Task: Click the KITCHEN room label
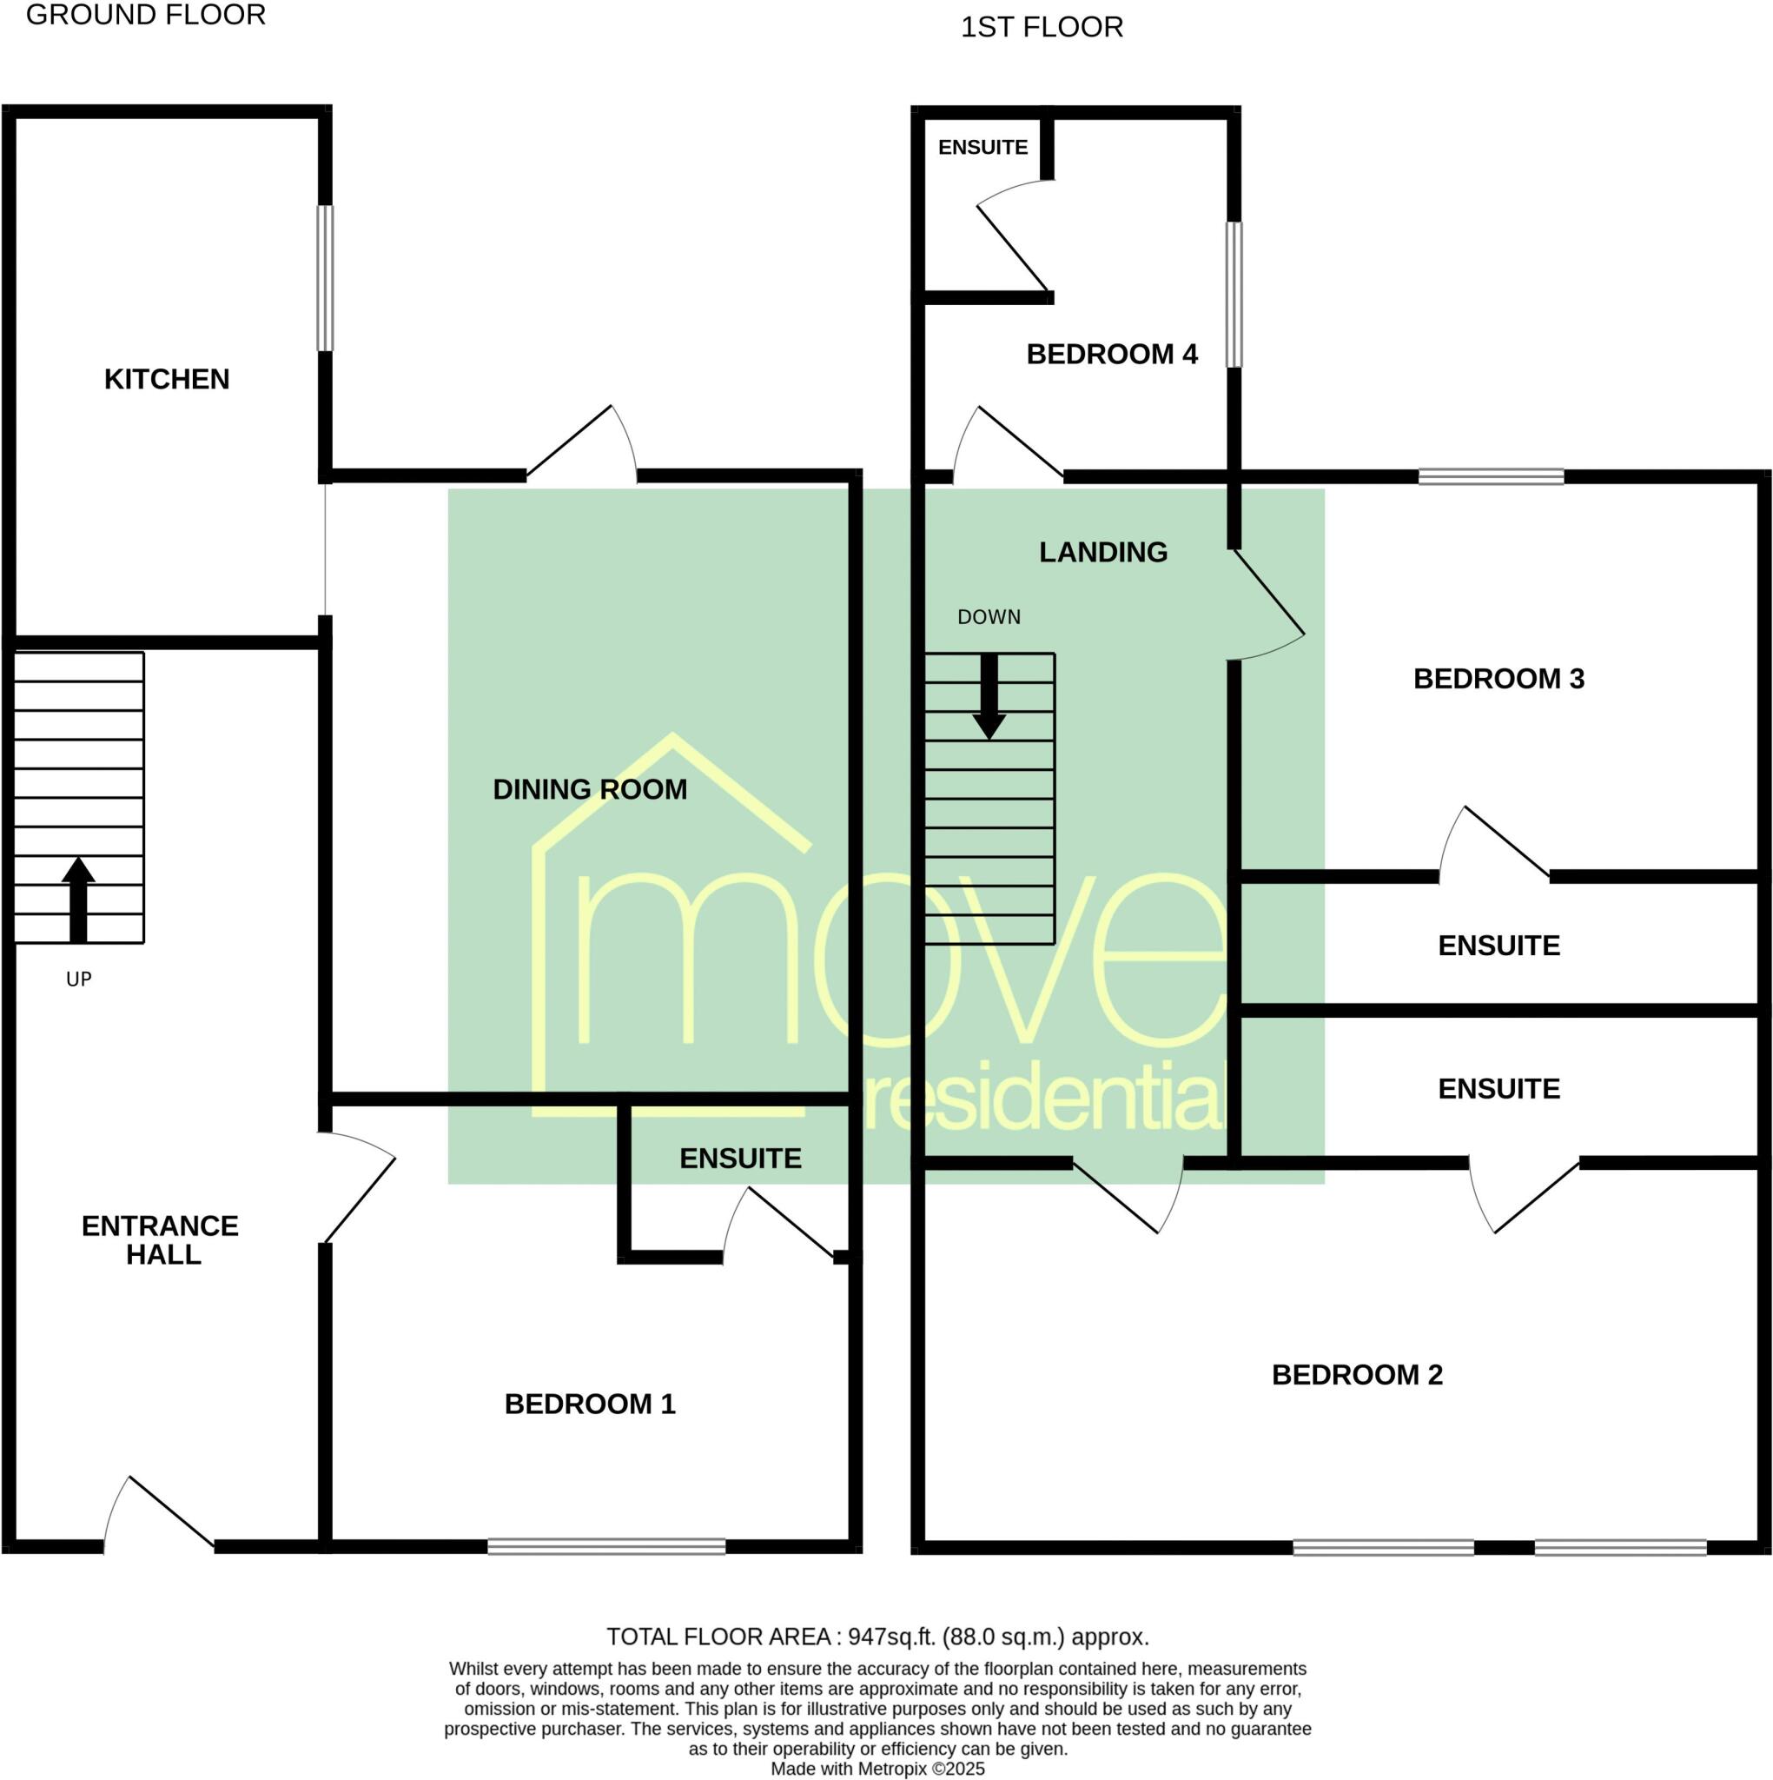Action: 167,379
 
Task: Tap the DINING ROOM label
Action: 590,789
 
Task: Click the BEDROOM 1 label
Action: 590,1405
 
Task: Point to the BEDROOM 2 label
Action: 1357,1375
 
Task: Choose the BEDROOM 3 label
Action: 1498,679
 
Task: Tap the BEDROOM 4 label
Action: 1112,354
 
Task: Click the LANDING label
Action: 1103,552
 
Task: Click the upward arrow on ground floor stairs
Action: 78,899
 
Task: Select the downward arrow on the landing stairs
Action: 989,696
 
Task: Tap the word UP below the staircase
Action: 79,980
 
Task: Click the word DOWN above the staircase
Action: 989,617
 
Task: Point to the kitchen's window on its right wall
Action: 325,277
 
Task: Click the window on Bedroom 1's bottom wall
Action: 606,1547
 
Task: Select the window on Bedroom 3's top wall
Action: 1492,476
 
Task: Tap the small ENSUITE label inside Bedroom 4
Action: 982,148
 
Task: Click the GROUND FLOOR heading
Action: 146,15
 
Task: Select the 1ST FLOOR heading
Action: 1042,28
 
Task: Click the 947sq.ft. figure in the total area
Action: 890,1637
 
